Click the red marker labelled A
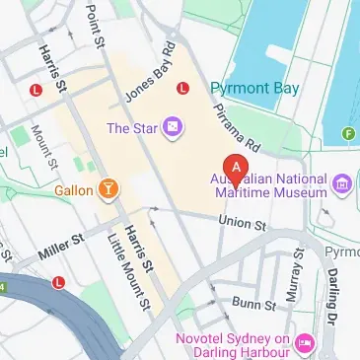click(x=236, y=169)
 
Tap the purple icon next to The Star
click(x=174, y=126)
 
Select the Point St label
click(x=95, y=22)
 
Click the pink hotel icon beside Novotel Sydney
click(x=304, y=343)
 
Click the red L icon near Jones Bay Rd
click(x=181, y=88)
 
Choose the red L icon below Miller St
click(x=58, y=282)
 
